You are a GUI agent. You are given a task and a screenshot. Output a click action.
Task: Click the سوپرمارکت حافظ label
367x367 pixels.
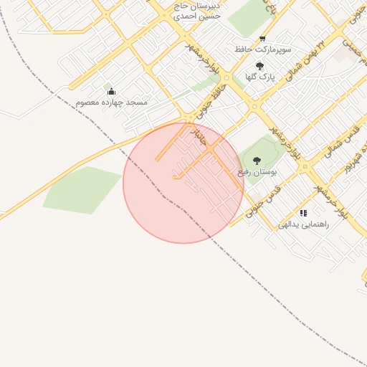263,50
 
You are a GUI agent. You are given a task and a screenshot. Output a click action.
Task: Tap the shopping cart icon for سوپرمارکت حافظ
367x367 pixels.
262,39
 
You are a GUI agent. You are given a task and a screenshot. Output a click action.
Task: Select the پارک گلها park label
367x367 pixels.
260,76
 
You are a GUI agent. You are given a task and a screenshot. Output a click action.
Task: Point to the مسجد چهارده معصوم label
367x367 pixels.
111,103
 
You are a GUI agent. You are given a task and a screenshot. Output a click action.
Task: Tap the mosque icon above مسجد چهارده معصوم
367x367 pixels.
110,91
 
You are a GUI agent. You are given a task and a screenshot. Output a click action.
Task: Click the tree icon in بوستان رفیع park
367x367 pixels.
257,161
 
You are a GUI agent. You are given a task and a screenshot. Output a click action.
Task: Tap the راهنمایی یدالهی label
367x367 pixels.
303,224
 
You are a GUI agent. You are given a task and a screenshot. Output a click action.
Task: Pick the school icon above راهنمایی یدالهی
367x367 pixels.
304,213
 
